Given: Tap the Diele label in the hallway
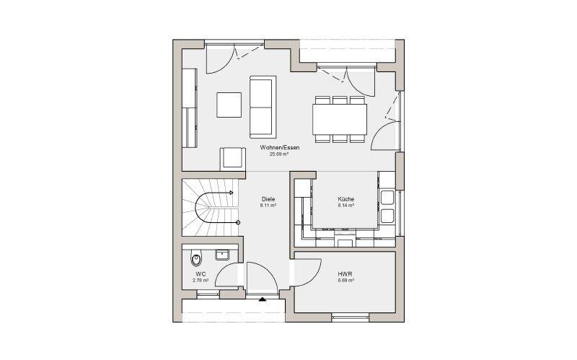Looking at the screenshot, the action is (268, 199).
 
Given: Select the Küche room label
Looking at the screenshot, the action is (346, 199).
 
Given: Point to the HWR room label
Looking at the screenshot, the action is (345, 274).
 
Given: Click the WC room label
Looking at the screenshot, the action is (201, 274).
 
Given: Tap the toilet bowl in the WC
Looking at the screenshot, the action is (196, 259).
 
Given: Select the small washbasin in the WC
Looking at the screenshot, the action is (222, 255).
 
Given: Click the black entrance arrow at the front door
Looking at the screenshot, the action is (262, 299).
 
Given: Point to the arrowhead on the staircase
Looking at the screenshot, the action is (231, 193).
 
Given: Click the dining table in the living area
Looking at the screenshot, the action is (340, 119).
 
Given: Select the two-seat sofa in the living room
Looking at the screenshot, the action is (263, 107).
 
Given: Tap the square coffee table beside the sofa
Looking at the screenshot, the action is (229, 105).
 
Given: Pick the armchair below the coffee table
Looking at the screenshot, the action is (233, 159).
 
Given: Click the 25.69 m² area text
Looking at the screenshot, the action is (279, 154).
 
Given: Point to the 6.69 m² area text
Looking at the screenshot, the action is (346, 280).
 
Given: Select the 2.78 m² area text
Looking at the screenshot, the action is (201, 280).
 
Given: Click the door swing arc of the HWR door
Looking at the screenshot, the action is (316, 276).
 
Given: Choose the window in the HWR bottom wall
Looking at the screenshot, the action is (350, 315).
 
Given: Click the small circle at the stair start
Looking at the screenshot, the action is (238, 222).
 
